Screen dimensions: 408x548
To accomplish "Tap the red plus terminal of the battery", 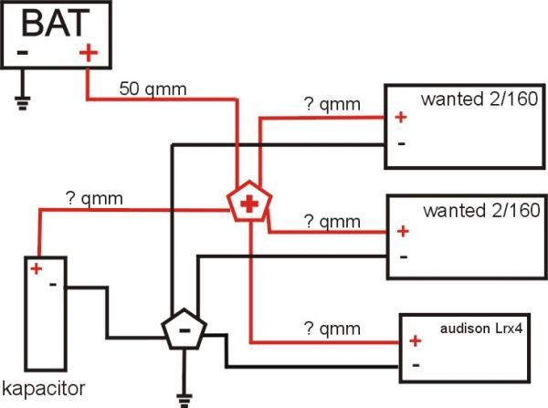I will point(88,53).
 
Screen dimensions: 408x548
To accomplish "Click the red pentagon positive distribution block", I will point(247,204).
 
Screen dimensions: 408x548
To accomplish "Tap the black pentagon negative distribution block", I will point(184,330).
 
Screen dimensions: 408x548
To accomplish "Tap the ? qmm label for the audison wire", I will point(332,328).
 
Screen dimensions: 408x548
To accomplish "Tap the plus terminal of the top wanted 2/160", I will point(400,117).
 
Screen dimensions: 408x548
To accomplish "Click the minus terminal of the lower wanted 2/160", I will point(402,256).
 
